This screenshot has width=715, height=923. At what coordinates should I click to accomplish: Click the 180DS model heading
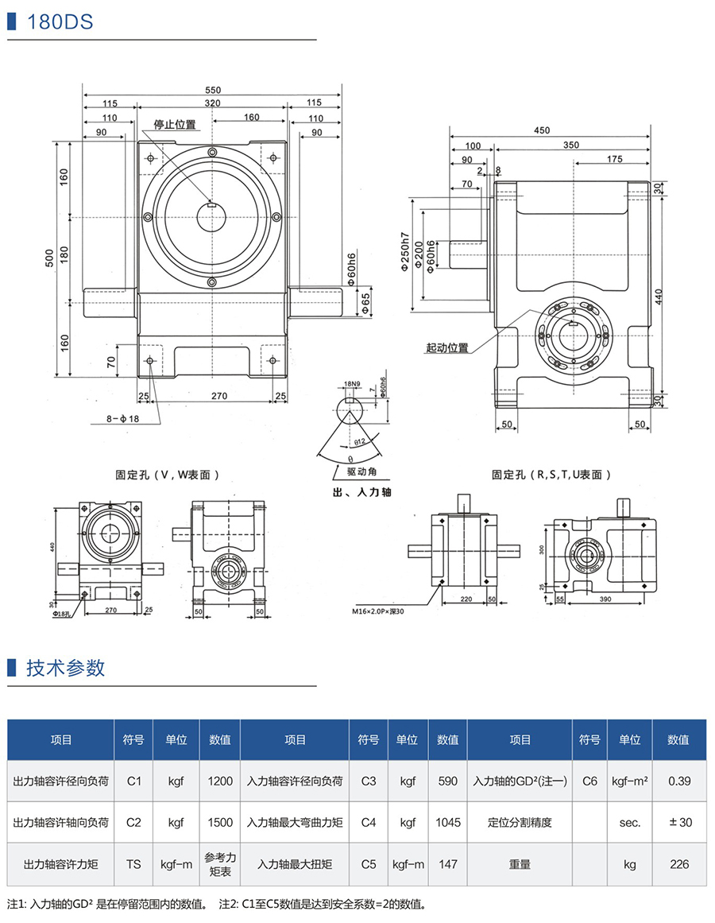click(60, 22)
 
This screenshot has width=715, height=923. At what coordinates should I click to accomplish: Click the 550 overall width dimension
click(213, 90)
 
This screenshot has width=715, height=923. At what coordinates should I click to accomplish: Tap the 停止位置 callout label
click(175, 125)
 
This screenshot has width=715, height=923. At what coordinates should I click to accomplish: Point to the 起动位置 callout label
click(447, 348)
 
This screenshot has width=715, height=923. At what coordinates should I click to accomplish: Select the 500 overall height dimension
click(49, 257)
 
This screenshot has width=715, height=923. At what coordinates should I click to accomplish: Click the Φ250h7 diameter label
click(405, 253)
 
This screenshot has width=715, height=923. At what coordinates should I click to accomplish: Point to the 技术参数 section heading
click(66, 668)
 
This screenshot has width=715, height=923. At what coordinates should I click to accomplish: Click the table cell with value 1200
click(220, 781)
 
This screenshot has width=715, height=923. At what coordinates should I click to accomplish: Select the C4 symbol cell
click(368, 823)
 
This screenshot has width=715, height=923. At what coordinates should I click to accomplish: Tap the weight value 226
click(679, 864)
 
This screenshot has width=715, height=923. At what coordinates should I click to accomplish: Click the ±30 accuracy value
click(679, 823)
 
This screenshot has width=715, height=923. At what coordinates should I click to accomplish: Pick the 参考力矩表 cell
click(220, 864)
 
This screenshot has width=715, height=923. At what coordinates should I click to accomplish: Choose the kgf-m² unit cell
click(630, 781)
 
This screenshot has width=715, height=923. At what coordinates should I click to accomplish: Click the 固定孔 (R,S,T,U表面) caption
click(551, 475)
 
